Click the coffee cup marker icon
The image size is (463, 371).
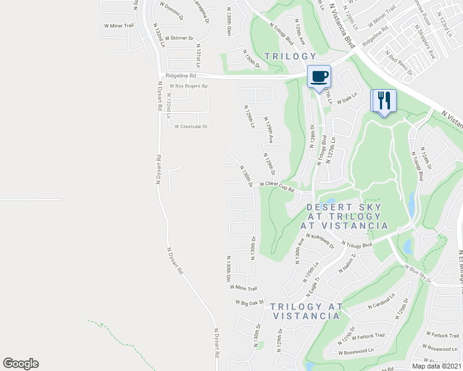(319, 77)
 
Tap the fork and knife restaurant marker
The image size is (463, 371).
(383, 100)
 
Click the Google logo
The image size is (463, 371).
(20, 363)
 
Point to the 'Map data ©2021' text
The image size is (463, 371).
(436, 366)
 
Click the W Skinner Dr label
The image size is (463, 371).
(177, 38)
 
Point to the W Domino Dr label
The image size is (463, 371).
(171, 12)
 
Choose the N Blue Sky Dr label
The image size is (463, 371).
(417, 272)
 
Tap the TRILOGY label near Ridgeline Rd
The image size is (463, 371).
(290, 56)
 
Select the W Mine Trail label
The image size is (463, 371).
(243, 288)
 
